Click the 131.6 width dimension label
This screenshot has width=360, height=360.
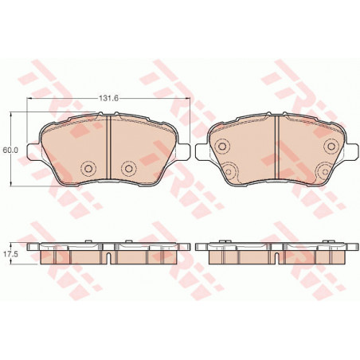(108, 99)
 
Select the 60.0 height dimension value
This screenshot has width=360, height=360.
(10, 150)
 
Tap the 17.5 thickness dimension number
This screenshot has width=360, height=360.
(10, 254)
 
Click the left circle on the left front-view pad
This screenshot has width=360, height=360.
(88, 168)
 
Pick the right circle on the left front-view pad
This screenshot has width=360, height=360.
(129, 168)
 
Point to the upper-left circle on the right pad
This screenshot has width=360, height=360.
(222, 146)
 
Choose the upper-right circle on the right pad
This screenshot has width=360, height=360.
(331, 146)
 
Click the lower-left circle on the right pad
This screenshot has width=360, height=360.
(229, 171)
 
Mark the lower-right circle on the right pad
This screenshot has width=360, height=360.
(324, 171)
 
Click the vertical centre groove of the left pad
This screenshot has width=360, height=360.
(108, 147)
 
